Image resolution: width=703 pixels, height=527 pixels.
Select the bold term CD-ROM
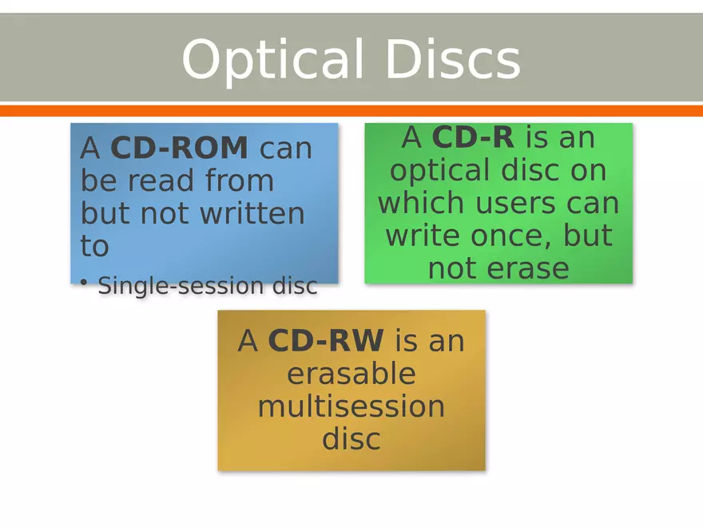click(179, 149)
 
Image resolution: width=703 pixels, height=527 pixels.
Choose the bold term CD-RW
click(326, 341)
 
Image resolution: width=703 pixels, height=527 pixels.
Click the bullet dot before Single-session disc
click(84, 283)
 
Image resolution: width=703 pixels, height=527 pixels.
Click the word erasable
click(351, 374)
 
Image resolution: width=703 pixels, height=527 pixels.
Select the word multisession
click(351, 406)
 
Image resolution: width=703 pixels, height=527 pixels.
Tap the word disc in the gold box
click(351, 439)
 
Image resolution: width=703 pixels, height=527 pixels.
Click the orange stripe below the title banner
click(351, 110)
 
